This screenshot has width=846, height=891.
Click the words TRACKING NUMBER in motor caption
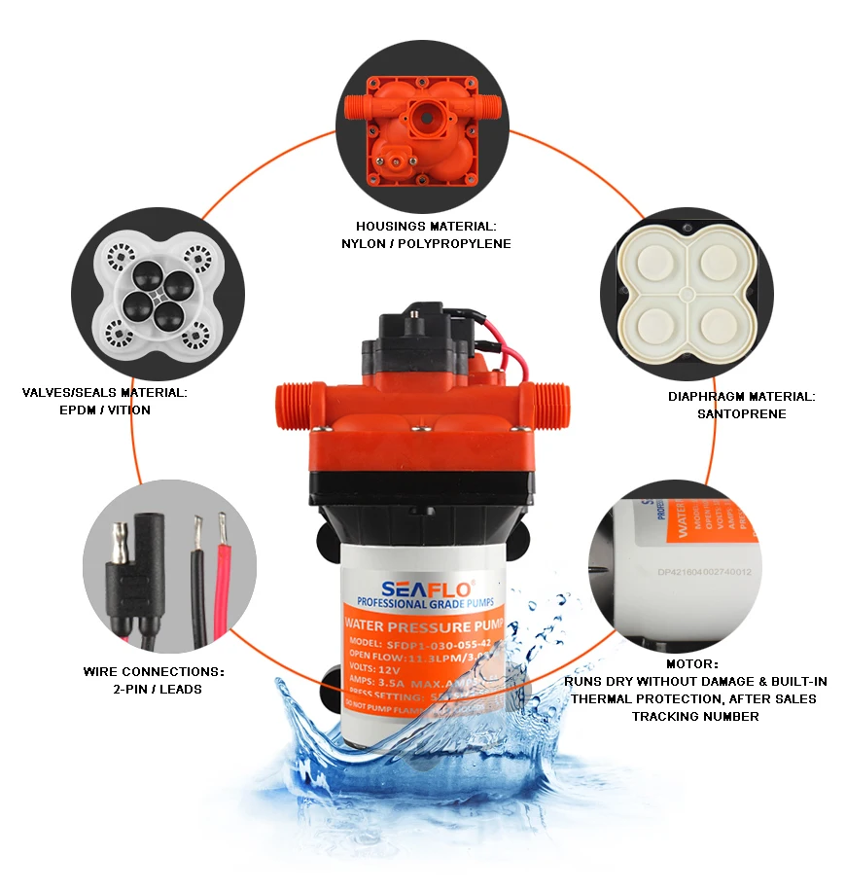(695, 716)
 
